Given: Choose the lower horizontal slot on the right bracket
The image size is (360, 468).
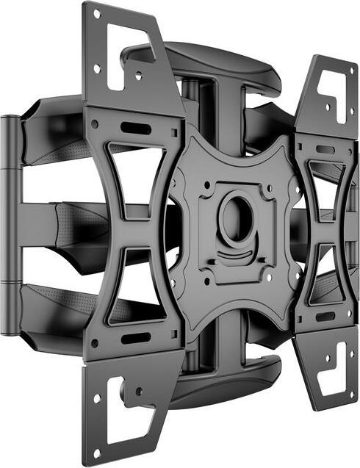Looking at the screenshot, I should (x=324, y=317).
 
